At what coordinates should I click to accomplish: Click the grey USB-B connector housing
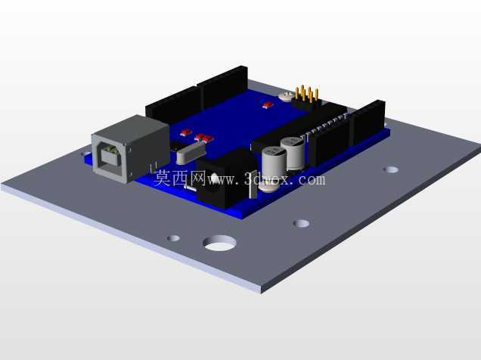tap(130, 149)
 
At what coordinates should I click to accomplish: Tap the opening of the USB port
tap(109, 158)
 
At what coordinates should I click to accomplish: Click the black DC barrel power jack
tap(227, 178)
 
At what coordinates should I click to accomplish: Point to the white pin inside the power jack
tap(214, 178)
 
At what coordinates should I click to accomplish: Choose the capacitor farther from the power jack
tap(293, 153)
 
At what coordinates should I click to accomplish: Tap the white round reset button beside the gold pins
tap(286, 96)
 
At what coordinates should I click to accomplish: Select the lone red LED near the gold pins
tap(268, 105)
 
